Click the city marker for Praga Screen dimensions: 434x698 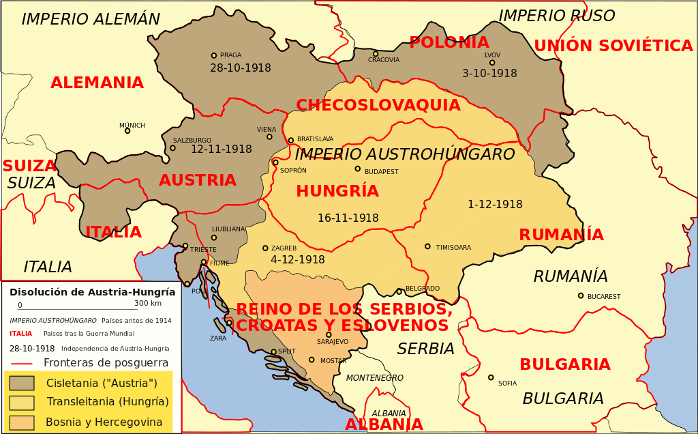[214, 56]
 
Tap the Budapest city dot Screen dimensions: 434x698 [357, 169]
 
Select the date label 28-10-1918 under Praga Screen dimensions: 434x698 [240, 68]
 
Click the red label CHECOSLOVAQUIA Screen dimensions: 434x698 [378, 106]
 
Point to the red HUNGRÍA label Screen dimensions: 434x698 [337, 192]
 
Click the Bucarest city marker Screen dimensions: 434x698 [581, 295]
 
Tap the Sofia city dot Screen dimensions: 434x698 [491, 377]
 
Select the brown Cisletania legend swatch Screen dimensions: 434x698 [22, 383]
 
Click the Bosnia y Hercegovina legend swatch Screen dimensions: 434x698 [22, 422]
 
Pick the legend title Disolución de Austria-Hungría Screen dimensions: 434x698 [92, 292]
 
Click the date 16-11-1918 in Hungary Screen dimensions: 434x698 [348, 218]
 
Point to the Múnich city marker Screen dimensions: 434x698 [127, 130]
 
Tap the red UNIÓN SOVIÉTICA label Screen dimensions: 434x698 [613, 46]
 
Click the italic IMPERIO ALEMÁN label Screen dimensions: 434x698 [91, 20]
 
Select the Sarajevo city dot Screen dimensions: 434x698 [329, 334]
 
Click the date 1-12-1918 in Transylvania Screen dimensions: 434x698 [495, 205]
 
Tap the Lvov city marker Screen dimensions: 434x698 [492, 63]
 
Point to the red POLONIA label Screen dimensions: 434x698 [449, 43]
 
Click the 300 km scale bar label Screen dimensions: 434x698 [147, 304]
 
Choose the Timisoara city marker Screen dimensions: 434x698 [427, 246]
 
